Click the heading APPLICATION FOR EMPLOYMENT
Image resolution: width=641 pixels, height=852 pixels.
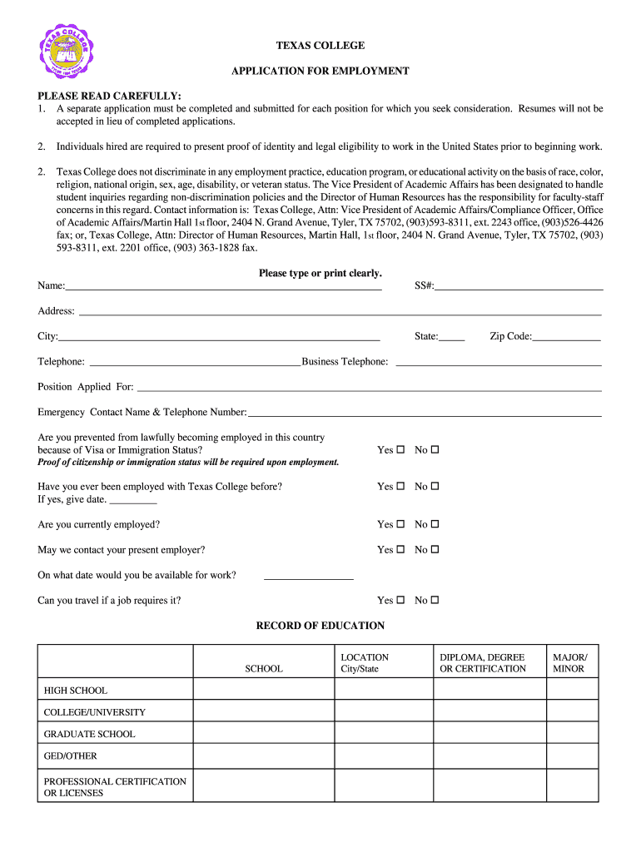point(320,71)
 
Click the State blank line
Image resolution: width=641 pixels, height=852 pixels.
point(451,337)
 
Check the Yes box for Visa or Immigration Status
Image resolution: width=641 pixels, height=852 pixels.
point(400,450)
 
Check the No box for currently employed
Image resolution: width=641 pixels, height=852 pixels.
point(435,525)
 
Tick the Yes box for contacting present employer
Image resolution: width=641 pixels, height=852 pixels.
point(400,550)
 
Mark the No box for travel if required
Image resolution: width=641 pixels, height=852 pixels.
point(435,601)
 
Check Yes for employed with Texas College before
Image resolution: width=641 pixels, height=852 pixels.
point(400,487)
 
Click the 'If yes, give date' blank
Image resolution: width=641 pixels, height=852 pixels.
point(133,500)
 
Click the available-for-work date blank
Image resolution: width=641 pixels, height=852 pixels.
point(308,576)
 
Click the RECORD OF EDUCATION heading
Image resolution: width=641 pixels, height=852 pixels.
point(320,626)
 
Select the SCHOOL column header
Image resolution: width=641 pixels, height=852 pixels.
point(264,668)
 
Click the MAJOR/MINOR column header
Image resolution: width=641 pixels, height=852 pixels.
point(569,663)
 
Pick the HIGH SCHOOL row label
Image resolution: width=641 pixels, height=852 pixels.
point(76,691)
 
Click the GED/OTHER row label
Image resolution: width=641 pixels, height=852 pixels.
point(71,756)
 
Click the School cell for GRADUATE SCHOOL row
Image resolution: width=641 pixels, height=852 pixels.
point(264,734)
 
